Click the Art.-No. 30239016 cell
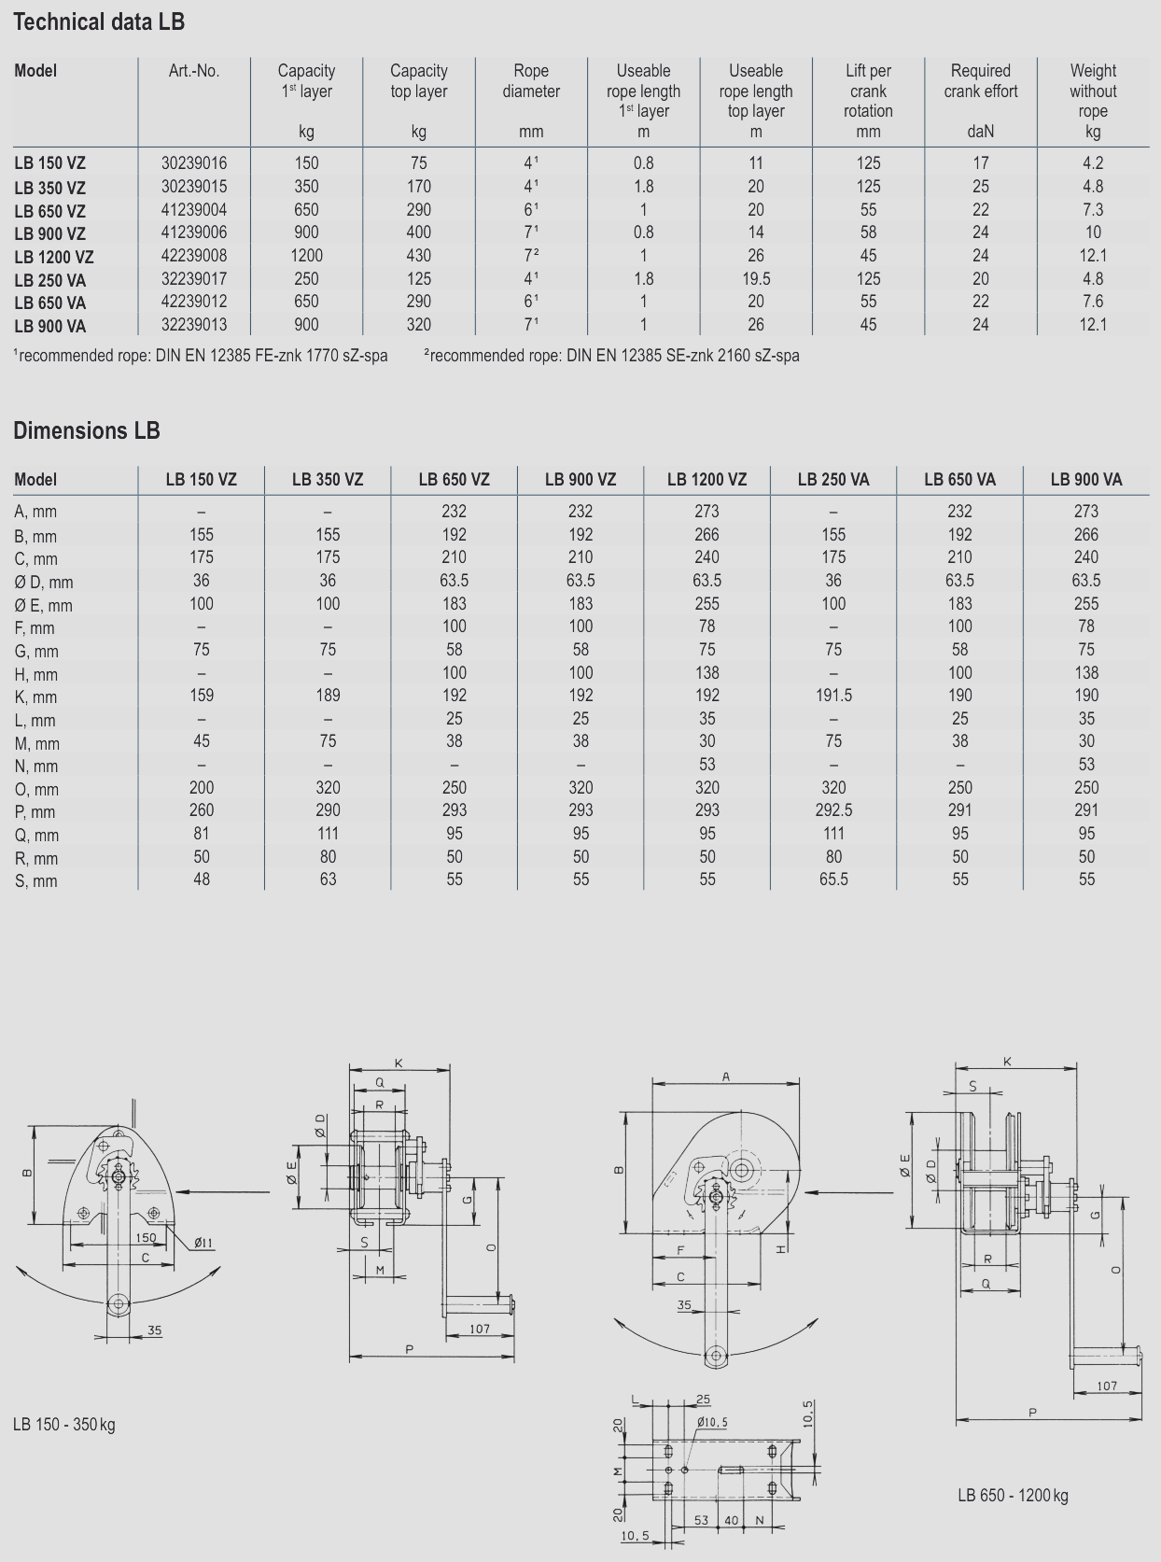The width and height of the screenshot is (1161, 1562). point(193,163)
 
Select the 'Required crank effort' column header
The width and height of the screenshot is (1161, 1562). point(981,81)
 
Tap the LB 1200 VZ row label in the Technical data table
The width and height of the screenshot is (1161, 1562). point(54,257)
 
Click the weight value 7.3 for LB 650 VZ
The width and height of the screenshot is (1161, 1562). point(1093,210)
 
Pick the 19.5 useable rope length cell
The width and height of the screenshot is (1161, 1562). point(756,279)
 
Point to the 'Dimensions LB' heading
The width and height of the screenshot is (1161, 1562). point(87,430)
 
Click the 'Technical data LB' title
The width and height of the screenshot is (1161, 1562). point(99,22)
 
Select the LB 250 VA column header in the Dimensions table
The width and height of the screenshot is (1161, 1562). point(833,480)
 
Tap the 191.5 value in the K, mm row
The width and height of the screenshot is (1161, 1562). point(833,696)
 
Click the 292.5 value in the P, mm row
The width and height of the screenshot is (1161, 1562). point(833,810)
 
